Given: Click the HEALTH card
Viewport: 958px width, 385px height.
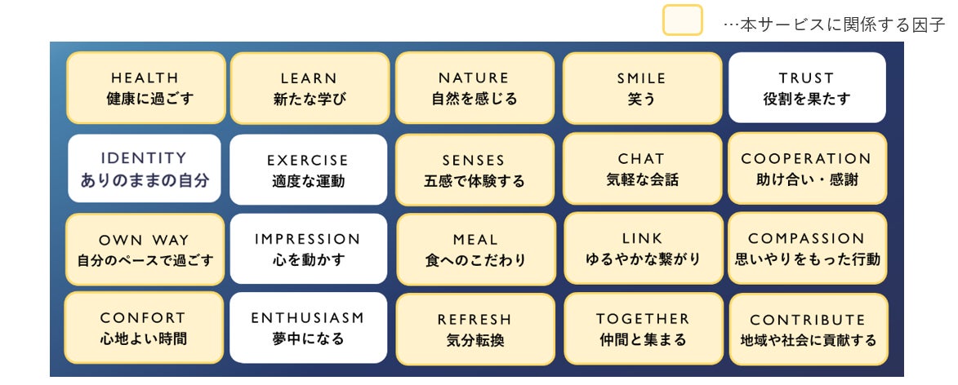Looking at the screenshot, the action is [145, 88].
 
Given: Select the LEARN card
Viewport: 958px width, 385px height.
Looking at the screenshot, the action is [310, 88].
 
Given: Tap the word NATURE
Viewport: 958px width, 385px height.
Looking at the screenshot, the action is [474, 78].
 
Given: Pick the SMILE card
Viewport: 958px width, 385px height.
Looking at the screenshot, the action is [642, 88].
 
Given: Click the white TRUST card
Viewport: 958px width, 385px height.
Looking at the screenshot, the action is [806, 88].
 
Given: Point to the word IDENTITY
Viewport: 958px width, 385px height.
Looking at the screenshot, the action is [144, 158].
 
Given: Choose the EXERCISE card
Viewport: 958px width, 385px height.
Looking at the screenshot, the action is [308, 170].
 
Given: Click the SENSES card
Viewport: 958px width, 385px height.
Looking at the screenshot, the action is [474, 170].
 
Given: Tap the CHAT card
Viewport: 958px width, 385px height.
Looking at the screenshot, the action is [642, 169].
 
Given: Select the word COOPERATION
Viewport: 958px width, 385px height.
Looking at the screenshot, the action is [806, 159].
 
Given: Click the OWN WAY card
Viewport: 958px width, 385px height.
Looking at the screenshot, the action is [145, 250].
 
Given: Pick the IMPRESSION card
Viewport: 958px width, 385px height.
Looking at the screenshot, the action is [308, 250].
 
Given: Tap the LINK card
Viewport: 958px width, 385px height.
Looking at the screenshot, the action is [643, 249].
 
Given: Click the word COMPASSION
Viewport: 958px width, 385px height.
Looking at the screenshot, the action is [806, 239].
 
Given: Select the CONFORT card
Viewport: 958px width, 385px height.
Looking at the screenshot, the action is [144, 328].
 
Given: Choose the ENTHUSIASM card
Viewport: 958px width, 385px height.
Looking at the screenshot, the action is [308, 328].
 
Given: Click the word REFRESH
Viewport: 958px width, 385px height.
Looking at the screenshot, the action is [475, 320].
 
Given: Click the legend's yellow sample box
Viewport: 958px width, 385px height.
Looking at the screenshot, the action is [682, 21].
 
